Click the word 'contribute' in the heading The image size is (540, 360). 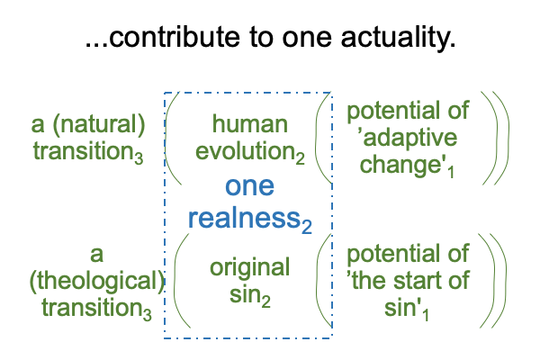174,37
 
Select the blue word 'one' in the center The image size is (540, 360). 249,186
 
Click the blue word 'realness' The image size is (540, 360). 245,218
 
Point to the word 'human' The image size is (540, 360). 250,124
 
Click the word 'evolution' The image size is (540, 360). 245,151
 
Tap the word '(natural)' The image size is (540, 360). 99,125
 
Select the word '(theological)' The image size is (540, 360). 97,281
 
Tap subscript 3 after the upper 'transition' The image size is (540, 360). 139,158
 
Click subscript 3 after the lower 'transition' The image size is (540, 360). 148,315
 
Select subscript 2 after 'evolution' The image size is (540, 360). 301,158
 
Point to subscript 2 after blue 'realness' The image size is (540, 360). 307,227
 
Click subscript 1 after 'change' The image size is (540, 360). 451,172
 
